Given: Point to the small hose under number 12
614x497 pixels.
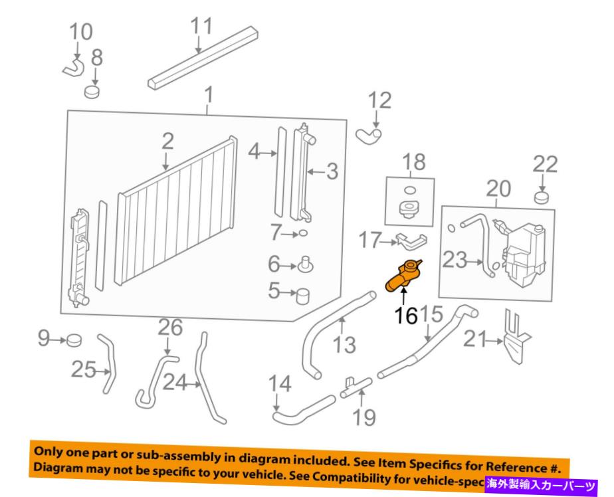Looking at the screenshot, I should (369, 136).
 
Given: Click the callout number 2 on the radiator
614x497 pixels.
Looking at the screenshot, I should (167, 141).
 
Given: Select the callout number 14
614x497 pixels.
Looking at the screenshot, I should (280, 385).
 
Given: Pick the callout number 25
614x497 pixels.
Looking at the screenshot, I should (84, 369).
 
